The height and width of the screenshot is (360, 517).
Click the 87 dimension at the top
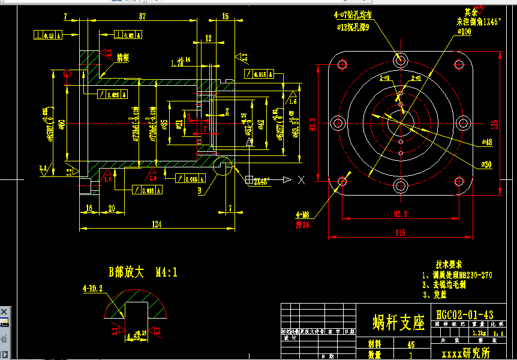coord(142,17)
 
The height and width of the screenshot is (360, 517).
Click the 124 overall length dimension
coord(157,224)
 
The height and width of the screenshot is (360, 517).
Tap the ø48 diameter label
coord(486,142)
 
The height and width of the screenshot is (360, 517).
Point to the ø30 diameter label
coord(486,164)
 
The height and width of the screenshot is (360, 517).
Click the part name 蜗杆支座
coord(398,322)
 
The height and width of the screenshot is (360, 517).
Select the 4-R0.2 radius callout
coord(92,288)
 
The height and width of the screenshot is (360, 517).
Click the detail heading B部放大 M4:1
coord(142,272)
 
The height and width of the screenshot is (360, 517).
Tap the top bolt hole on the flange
coord(401,60)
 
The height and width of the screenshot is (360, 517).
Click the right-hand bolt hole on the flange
coord(462,123)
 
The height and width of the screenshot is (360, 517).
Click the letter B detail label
coord(200,191)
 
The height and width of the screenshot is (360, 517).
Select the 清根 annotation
coord(123,58)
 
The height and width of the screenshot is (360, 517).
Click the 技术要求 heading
coord(449,264)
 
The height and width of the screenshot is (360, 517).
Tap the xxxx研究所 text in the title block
coord(465,353)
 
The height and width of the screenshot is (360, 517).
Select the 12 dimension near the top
coord(208,38)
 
